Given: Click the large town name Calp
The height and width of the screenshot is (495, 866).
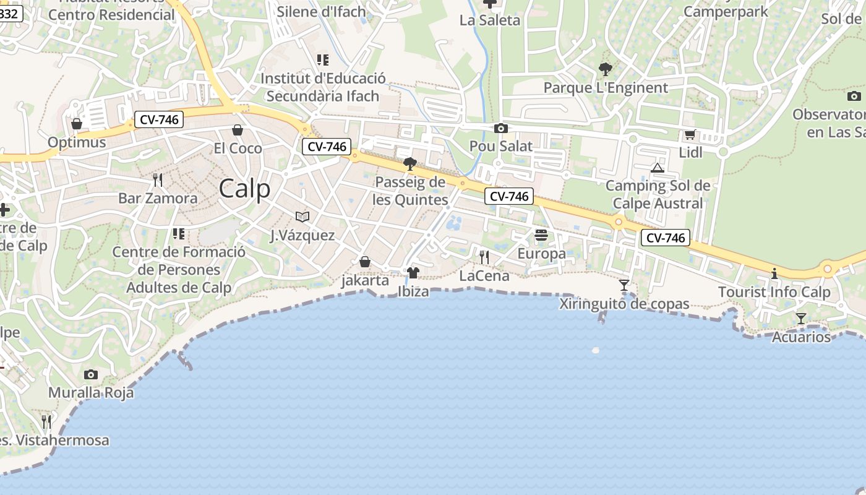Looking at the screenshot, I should click(x=244, y=189).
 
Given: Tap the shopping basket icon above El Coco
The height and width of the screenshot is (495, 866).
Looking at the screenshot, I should click(x=238, y=130).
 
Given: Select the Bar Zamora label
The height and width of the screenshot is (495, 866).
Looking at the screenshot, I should click(x=158, y=199).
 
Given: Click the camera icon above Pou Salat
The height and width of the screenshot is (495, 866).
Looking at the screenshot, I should click(x=500, y=129).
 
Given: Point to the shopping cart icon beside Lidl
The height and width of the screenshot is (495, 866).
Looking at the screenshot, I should click(x=690, y=134).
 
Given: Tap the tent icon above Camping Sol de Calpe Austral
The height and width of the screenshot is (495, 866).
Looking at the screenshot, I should click(x=657, y=168).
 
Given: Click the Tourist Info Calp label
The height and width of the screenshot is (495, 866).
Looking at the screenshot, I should click(x=774, y=292).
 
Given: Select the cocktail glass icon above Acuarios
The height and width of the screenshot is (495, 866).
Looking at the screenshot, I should click(x=801, y=319).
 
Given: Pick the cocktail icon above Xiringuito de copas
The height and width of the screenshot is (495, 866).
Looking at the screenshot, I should click(x=624, y=285).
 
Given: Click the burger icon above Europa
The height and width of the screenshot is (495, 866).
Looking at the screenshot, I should click(x=541, y=235).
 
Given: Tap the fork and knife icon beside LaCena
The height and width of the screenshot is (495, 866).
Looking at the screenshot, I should click(x=484, y=257).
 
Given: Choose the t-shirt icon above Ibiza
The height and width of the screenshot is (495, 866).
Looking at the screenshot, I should click(x=413, y=272).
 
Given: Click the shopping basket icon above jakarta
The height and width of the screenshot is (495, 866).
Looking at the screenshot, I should click(x=365, y=262).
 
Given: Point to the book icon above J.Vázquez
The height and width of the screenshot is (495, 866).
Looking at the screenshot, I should click(x=302, y=217).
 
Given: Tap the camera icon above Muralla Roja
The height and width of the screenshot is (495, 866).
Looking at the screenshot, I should click(x=91, y=374).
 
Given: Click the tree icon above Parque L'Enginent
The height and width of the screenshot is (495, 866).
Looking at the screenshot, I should click(x=605, y=69).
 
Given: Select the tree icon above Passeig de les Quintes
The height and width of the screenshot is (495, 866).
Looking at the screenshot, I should click(x=409, y=164).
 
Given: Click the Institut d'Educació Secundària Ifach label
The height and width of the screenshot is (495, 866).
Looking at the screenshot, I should click(x=323, y=87).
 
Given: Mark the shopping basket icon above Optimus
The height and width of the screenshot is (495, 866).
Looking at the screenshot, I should click(x=77, y=124).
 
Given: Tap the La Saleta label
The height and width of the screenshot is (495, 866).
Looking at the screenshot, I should click(x=490, y=20).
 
